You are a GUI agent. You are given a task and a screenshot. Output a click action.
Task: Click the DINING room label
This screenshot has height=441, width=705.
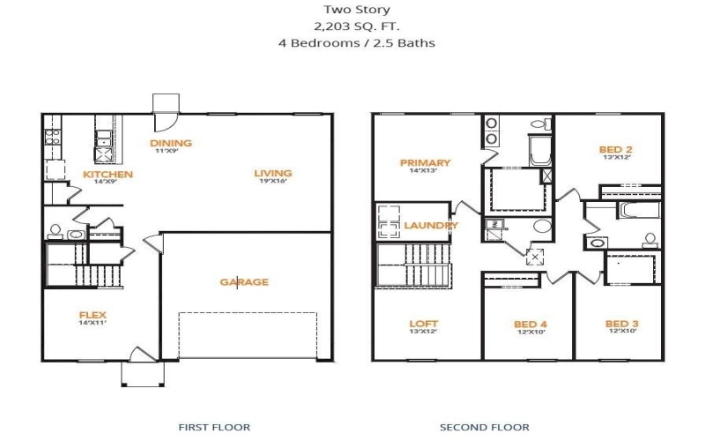click(170, 143)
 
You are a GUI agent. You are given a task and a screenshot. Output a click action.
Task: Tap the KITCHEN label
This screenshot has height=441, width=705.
click(108, 175)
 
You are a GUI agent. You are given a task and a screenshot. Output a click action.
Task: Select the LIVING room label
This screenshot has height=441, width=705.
click(273, 173)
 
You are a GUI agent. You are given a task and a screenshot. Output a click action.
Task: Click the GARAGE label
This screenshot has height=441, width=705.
click(244, 282)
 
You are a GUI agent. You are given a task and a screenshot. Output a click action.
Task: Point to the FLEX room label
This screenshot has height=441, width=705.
click(93, 315)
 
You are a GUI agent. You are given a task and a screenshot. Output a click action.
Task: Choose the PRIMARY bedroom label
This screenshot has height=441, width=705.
click(425, 162)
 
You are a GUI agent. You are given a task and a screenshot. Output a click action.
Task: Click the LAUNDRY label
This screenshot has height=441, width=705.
click(431, 226)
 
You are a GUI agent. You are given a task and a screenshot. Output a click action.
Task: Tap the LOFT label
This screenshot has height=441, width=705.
click(424, 324)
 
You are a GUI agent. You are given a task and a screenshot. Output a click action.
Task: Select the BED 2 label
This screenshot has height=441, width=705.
click(616, 150)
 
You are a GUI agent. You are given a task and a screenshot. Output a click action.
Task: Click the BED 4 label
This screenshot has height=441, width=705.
click(531, 325)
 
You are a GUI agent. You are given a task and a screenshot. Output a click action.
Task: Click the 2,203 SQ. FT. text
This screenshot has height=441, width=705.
click(352, 26)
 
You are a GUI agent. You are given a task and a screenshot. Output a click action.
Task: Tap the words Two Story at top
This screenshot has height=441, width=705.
click(352, 10)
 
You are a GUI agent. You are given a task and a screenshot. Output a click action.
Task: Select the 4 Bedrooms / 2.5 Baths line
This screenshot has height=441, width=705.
click(352, 41)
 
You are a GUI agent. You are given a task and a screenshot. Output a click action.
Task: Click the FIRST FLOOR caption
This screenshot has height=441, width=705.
click(214, 427)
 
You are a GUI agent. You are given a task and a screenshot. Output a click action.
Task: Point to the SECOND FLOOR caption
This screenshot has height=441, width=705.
click(485, 427)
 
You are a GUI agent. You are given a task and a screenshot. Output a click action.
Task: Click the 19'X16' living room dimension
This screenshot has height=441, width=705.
click(273, 183)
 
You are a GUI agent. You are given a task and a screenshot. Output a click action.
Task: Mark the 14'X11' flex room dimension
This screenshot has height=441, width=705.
click(93, 324)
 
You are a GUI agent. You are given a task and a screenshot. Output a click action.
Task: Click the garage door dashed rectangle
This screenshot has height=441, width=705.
click(248, 335)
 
